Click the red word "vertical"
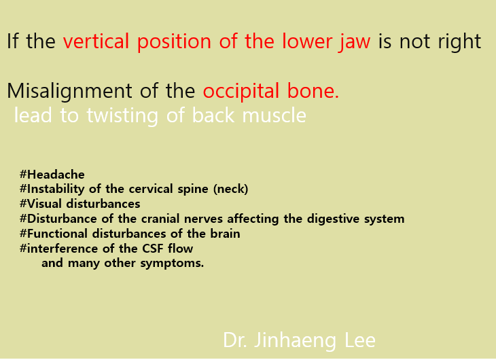96,41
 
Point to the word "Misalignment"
69,92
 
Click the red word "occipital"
241,92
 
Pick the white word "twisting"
122,115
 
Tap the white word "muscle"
274,115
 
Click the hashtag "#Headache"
52,175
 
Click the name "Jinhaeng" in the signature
295,342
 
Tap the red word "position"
174,42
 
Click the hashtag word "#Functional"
54,234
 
